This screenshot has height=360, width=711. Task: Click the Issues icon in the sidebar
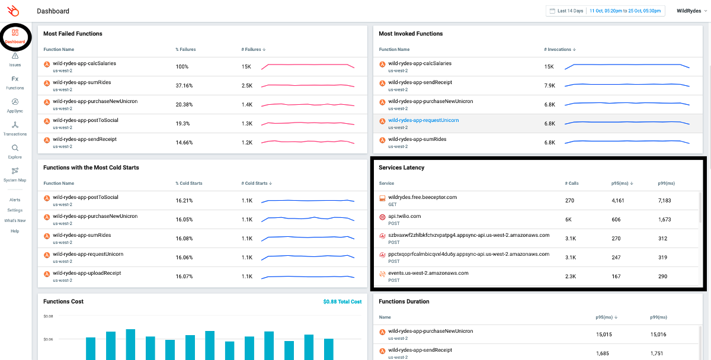(x=15, y=57)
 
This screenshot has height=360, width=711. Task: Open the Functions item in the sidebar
(x=15, y=79)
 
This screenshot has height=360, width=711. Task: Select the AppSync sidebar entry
(x=15, y=102)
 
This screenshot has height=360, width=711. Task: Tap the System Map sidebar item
(x=15, y=172)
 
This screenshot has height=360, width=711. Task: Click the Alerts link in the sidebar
(x=15, y=200)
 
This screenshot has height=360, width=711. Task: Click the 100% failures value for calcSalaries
(x=182, y=66)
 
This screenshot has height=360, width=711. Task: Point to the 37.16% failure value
(x=184, y=85)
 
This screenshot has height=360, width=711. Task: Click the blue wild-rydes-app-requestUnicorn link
(x=423, y=120)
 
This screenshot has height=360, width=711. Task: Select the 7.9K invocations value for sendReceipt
(x=550, y=85)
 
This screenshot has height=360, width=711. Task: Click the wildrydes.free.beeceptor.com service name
(x=422, y=197)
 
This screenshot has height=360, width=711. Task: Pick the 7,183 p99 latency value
(x=664, y=201)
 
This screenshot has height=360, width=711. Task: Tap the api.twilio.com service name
(x=405, y=216)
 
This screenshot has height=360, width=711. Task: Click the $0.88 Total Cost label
(x=342, y=301)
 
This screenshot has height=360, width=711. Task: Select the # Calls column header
(x=572, y=183)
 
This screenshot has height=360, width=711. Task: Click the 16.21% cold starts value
(x=184, y=200)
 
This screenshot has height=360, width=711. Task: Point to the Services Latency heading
(x=401, y=168)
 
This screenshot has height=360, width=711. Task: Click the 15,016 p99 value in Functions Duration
(x=658, y=335)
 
